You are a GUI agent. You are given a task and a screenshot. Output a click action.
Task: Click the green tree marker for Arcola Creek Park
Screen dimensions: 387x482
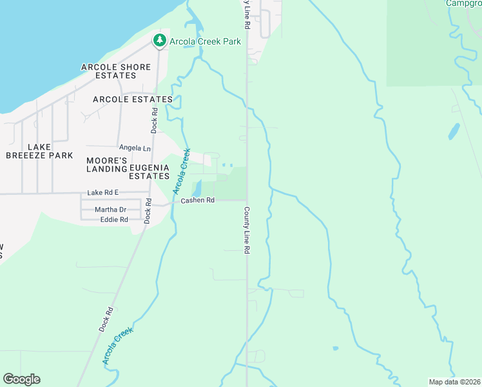click(x=159, y=41)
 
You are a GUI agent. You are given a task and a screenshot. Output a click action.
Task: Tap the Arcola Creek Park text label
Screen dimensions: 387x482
click(x=205, y=41)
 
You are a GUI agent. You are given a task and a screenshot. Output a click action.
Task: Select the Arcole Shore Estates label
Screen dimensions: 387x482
click(x=116, y=72)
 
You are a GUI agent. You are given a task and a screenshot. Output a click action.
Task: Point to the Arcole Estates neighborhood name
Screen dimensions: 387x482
click(x=133, y=99)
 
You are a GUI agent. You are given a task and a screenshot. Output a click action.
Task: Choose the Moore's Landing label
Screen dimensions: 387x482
click(x=107, y=164)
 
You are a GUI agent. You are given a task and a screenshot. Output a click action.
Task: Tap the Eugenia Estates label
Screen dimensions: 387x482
click(x=149, y=172)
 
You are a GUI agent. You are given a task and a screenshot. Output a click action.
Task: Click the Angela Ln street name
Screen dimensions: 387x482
click(x=134, y=148)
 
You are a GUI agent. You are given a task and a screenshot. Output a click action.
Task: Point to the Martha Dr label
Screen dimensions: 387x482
click(x=110, y=210)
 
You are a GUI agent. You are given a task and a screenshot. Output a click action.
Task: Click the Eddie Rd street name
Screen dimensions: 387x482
click(x=114, y=220)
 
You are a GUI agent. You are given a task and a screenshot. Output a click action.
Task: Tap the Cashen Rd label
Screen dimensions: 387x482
click(x=197, y=201)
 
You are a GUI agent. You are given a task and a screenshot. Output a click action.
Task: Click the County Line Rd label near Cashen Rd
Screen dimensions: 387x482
click(x=246, y=230)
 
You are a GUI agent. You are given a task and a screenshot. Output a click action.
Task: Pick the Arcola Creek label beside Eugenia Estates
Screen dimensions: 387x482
click(x=182, y=171)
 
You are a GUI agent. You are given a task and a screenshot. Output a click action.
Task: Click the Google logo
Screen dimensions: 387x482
click(x=21, y=379)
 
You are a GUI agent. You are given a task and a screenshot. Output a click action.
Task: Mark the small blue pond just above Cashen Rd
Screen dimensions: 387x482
click(x=197, y=188)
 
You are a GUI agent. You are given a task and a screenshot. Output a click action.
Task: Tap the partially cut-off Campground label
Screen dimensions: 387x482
click(x=463, y=3)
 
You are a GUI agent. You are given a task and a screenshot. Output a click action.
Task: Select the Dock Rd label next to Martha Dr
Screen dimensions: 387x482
click(x=148, y=210)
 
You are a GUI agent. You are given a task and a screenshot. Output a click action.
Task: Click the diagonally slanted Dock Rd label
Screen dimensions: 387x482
click(x=106, y=319)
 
